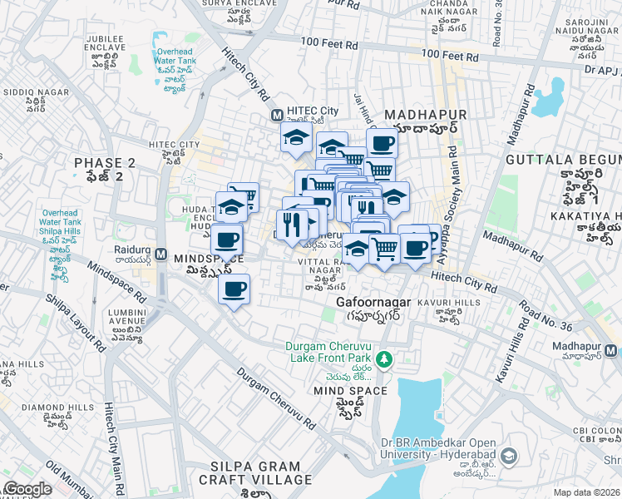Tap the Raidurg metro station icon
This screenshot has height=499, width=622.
point(161,253)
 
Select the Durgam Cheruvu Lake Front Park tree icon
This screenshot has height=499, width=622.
point(384,359)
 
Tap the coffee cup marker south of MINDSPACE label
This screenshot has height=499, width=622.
point(234,290)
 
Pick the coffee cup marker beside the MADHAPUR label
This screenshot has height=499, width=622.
point(382,143)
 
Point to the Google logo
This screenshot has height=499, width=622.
point(27,489)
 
